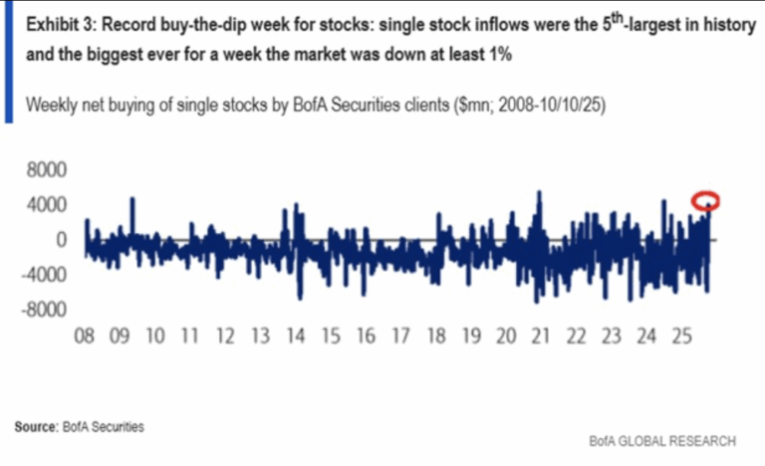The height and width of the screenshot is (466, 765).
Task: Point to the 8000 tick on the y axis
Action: tap(44, 170)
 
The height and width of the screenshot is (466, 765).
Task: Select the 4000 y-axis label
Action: tap(44, 205)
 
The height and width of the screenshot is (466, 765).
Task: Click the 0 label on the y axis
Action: tap(61, 240)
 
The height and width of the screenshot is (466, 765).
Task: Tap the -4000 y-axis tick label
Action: tap(41, 275)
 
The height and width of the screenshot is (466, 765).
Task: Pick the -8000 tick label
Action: tap(41, 310)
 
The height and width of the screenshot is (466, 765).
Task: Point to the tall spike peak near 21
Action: tap(539, 191)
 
